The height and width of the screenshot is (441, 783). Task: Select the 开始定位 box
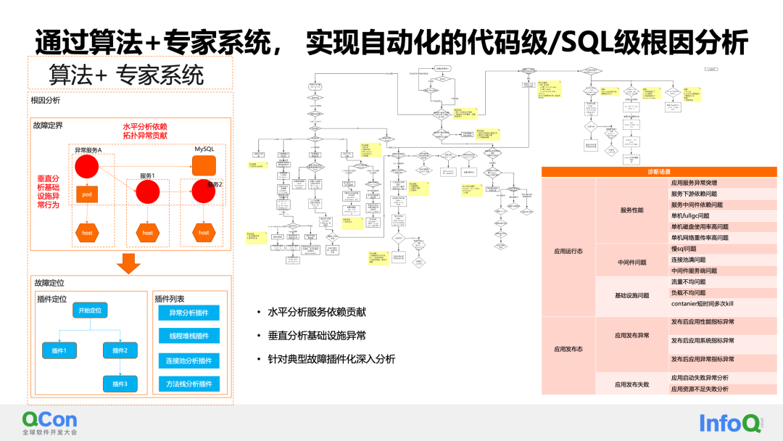coord(92,310)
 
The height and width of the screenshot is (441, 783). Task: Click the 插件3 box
coord(120,383)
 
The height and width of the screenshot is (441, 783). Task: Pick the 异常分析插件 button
coord(188,313)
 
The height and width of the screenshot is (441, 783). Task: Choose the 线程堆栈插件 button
coord(188,337)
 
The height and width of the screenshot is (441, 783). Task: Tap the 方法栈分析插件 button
coord(188,384)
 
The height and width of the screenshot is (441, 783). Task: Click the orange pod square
coord(86,194)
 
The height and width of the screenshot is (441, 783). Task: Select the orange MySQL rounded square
coord(204,165)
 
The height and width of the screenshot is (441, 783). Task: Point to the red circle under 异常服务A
coord(86,165)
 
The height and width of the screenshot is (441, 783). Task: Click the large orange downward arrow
coord(128,263)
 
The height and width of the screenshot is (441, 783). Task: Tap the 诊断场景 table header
coord(658,172)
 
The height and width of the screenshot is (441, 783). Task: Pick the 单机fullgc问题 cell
coord(689,215)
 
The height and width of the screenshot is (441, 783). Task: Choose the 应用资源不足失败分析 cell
coord(700,390)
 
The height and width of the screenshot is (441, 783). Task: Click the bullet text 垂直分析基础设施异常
coord(317,335)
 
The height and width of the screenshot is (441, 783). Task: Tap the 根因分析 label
coord(46,101)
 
